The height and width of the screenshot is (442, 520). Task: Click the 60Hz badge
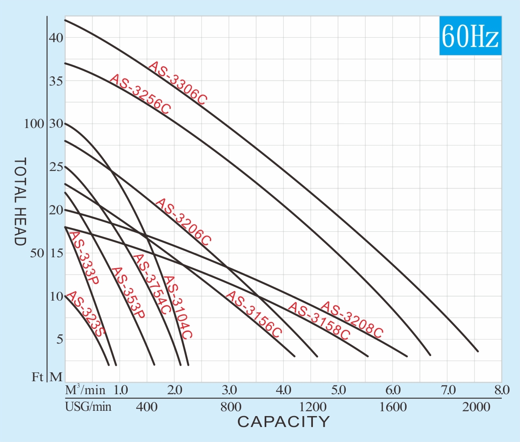[470, 36]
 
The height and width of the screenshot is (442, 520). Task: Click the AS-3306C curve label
[178, 83]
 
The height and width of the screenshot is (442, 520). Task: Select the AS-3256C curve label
[140, 94]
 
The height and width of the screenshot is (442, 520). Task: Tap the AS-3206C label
[183, 222]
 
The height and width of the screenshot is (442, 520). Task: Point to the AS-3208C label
[351, 320]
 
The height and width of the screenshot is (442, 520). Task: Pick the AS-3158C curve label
[319, 321]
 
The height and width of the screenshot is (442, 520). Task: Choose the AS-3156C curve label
[253, 314]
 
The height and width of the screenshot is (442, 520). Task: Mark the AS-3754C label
[152, 284]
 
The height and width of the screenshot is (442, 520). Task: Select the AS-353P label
[128, 293]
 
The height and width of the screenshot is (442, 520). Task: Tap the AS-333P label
[84, 258]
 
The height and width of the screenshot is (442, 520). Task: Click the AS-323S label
[85, 314]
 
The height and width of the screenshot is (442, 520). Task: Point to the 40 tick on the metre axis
[56, 38]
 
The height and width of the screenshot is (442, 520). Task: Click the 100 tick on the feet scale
[34, 124]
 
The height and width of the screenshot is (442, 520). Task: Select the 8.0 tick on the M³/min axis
[501, 390]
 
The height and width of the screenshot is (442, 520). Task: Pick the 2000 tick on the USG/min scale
[476, 407]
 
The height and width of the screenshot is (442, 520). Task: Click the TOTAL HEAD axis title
[20, 201]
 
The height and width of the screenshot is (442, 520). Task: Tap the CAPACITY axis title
[283, 422]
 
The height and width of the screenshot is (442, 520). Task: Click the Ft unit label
[37, 377]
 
